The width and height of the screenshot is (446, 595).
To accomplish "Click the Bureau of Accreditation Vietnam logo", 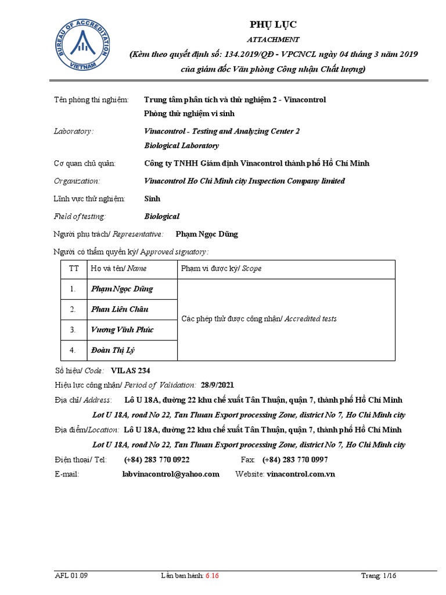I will tap(82, 46).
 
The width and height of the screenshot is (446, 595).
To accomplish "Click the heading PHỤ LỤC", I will tap(273, 24).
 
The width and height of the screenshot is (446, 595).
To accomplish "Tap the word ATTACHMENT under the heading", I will tap(273, 40).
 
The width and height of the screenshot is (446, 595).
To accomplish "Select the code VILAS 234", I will tap(134, 370).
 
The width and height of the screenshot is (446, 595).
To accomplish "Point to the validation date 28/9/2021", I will tap(218, 385).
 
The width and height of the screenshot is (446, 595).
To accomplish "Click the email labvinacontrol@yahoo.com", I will tap(171, 474).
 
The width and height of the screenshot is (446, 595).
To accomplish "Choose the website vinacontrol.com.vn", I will tap(301, 474).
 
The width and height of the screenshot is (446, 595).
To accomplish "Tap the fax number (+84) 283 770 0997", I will tap(295, 460).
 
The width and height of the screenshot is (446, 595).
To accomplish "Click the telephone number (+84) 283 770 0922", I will tap(156, 460).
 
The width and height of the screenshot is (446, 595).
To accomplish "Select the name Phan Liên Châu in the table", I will tap(120, 309).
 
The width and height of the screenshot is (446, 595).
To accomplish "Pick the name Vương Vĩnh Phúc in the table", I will tap(122, 329).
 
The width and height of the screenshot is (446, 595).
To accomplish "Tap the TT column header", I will tap(74, 268).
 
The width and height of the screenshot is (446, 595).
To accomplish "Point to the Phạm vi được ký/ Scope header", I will tap(221, 268).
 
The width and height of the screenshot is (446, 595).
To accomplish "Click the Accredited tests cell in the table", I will tap(259, 319).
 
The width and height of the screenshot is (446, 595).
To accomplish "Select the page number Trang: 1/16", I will tap(379, 576).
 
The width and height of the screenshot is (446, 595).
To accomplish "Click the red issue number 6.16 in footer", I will tap(212, 576).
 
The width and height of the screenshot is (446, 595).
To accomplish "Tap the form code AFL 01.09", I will tap(71, 576).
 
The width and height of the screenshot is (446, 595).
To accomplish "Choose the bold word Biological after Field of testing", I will tap(162, 216).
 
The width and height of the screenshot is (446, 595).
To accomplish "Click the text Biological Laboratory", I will tap(181, 145).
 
